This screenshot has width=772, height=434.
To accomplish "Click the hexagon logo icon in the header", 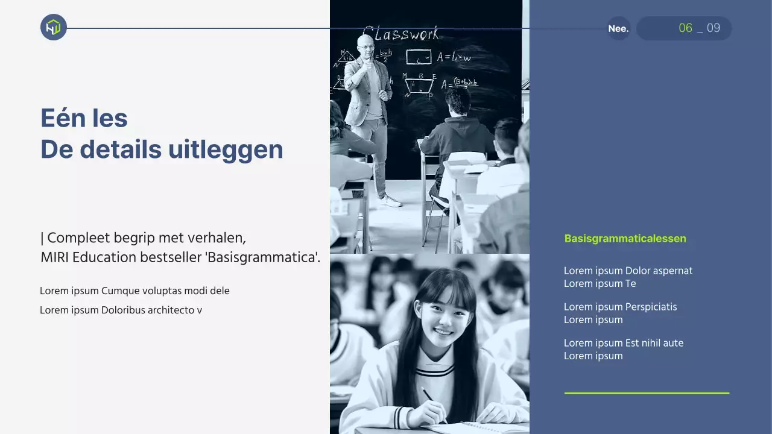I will pyautogui.click(x=54, y=27).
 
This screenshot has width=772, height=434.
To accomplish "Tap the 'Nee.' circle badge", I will pyautogui.click(x=618, y=28).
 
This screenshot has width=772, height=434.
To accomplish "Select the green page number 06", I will pyautogui.click(x=685, y=28).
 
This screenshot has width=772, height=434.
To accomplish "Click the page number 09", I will pyautogui.click(x=713, y=28).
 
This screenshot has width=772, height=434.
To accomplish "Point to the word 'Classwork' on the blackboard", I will pyautogui.click(x=400, y=33).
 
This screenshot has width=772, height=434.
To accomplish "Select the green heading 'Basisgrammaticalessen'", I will pyautogui.click(x=625, y=239).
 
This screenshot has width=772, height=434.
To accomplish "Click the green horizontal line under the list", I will pyautogui.click(x=647, y=393).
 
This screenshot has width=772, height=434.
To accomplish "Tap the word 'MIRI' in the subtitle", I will pyautogui.click(x=54, y=258).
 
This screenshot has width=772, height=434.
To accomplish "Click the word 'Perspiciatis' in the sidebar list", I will pyautogui.click(x=651, y=307).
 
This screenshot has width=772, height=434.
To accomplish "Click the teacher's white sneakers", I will pyautogui.click(x=390, y=201).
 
